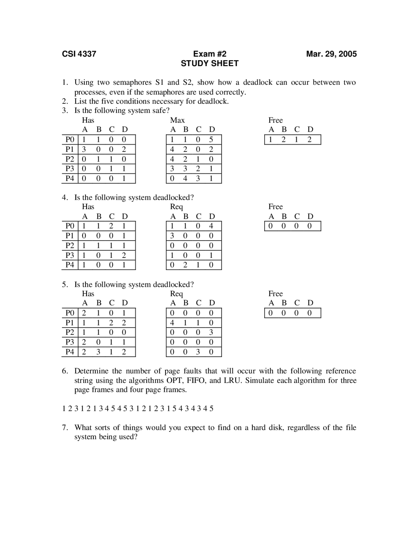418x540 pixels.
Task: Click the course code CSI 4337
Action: point(79,54)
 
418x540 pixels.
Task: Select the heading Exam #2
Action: point(210,54)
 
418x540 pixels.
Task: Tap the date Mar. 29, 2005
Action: point(331,54)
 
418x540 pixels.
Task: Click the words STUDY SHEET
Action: point(210,63)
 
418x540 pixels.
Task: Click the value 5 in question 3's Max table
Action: point(211,140)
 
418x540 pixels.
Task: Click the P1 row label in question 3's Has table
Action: point(70,149)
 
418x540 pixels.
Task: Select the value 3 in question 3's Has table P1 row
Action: point(84,149)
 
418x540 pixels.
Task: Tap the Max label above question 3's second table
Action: point(177,120)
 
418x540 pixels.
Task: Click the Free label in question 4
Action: point(275,206)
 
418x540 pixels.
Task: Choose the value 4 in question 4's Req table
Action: point(211,226)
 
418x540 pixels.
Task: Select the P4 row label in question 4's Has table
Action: point(70,265)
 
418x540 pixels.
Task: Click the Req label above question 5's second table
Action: point(176,294)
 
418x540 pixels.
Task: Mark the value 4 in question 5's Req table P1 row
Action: point(172,323)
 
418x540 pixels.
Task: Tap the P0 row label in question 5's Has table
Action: point(70,313)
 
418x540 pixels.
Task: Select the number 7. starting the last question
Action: point(65,427)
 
